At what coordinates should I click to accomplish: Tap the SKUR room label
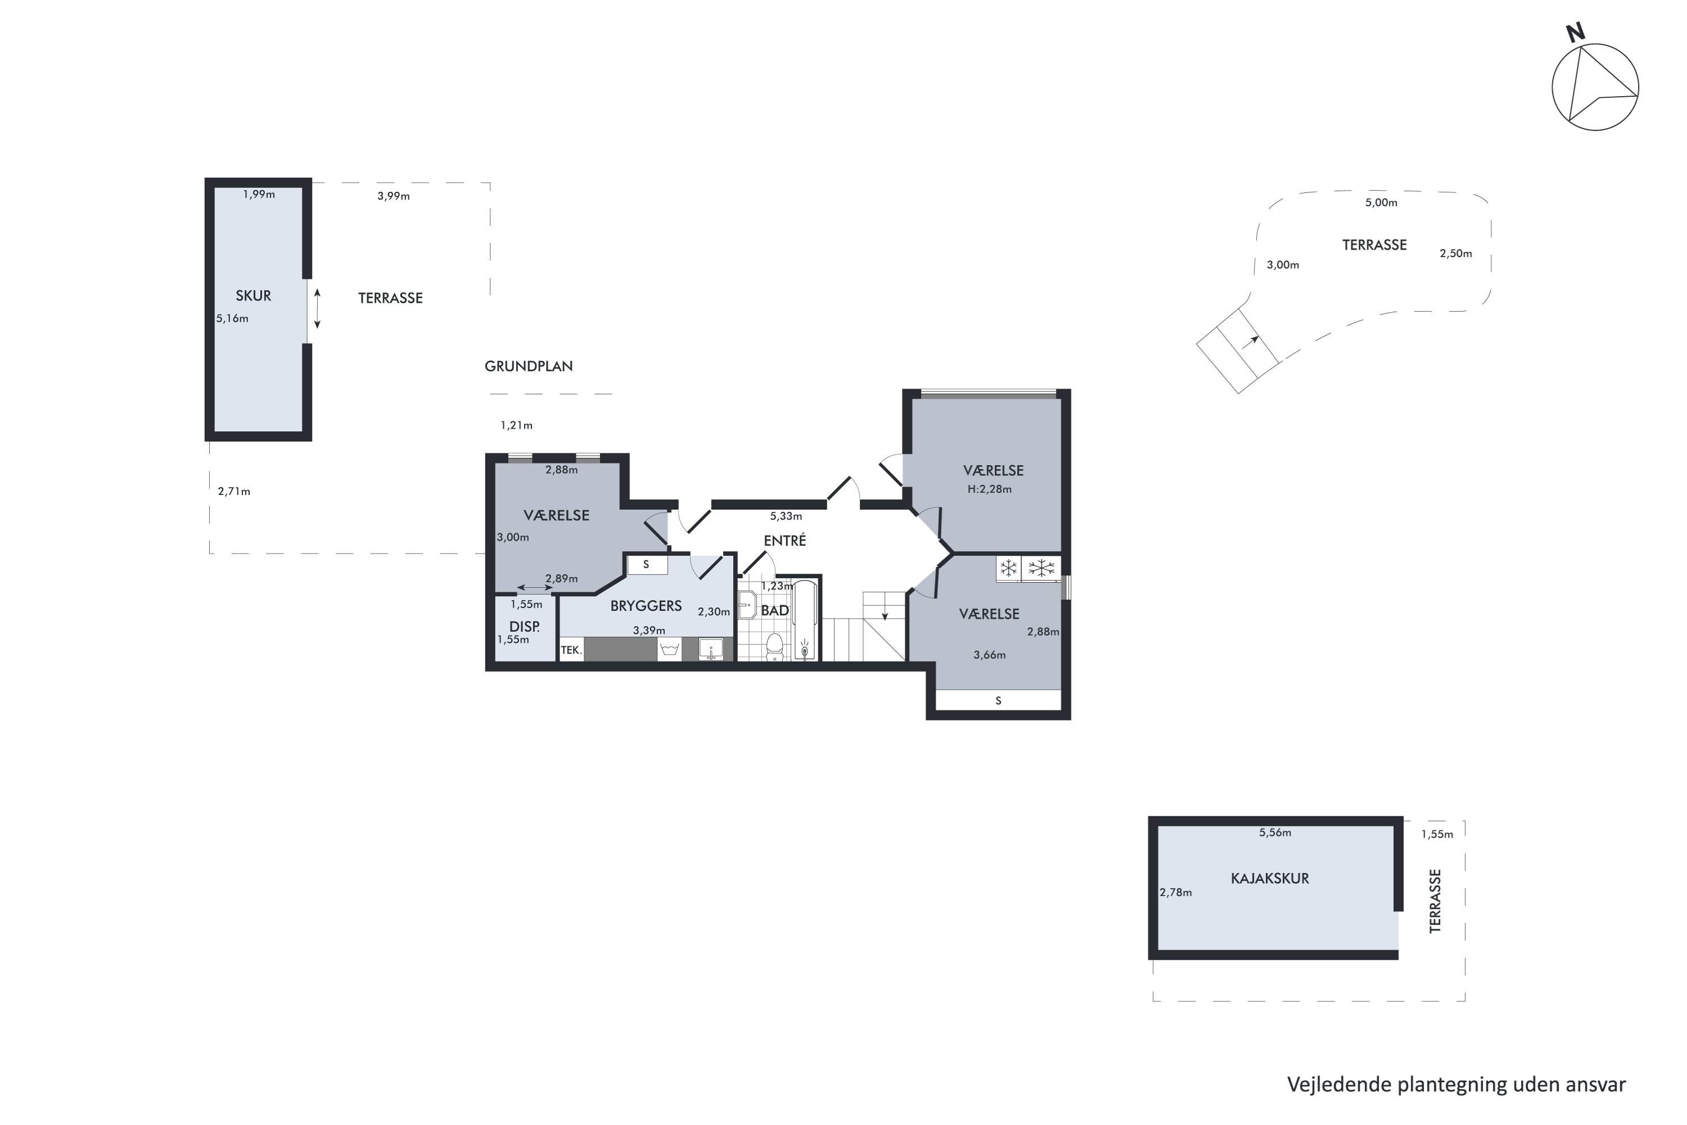pos(253,296)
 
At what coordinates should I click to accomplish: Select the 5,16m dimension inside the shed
pos(232,318)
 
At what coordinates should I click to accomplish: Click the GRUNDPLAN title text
pos(529,366)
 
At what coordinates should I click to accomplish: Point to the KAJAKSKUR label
pos(1270,878)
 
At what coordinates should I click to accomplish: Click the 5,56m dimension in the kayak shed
pos(1275,833)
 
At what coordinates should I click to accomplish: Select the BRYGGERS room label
pos(646,606)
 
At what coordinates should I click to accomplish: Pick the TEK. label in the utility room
pos(571,650)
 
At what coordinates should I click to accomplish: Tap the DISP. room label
pos(524,627)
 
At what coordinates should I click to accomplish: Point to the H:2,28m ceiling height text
pos(989,489)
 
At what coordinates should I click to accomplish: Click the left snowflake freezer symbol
pos(1008,569)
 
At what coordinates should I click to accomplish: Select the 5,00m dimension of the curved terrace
pos(1381,202)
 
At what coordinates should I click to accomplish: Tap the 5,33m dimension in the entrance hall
pos(786,516)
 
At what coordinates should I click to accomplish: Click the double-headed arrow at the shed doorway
pos(317,308)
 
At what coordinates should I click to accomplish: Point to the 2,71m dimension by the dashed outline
pos(234,492)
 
